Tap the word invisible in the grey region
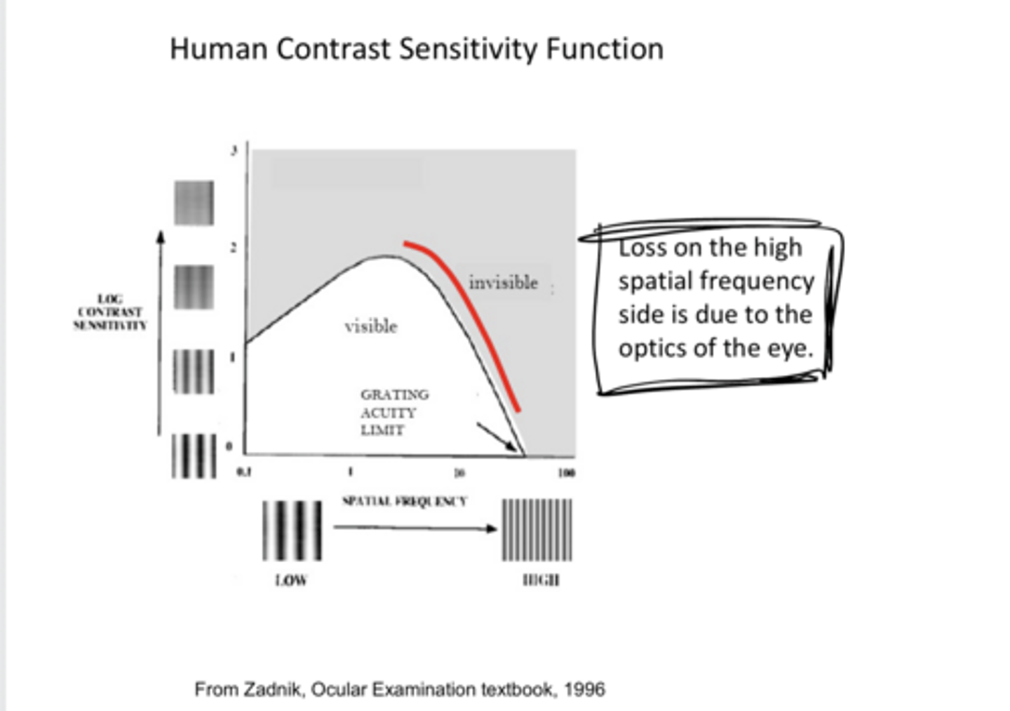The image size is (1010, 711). [503, 283]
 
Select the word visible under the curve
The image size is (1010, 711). [370, 326]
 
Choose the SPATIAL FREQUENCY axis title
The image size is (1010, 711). [404, 501]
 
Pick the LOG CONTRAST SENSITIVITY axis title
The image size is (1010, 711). [110, 312]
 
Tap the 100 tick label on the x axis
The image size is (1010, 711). [567, 472]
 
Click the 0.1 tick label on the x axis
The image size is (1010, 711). [243, 472]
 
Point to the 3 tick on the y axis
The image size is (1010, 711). [234, 150]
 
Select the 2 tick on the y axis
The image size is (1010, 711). [234, 247]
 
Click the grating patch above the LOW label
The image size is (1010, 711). [292, 530]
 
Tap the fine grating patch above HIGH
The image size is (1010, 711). [537, 530]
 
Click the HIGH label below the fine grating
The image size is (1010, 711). [541, 580]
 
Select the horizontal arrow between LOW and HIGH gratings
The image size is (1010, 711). [414, 528]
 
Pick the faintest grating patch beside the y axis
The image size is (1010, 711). [194, 203]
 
